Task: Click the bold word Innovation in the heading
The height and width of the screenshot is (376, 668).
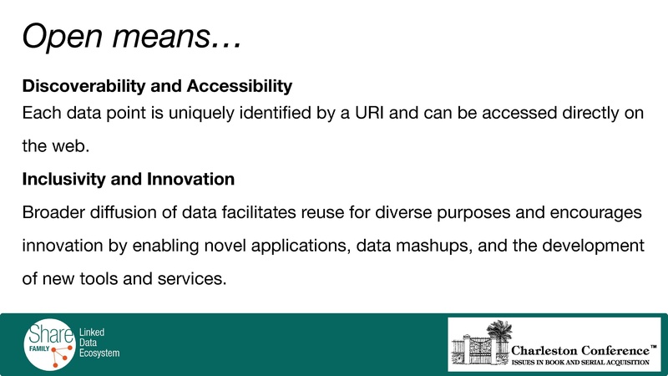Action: (x=190, y=179)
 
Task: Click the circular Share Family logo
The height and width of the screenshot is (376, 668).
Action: (x=49, y=343)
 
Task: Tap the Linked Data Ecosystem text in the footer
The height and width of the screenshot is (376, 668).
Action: (x=99, y=343)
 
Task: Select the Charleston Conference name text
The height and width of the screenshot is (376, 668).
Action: (x=579, y=348)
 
